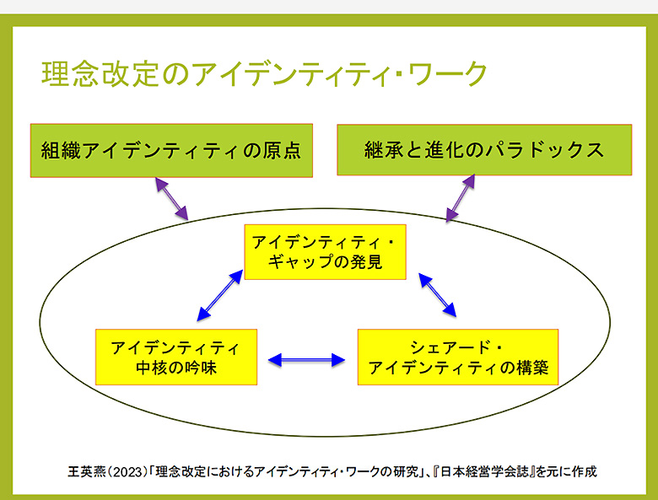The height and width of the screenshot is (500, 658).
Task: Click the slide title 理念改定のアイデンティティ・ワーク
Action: [264, 73]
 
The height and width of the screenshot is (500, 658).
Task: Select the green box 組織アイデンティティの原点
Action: [171, 151]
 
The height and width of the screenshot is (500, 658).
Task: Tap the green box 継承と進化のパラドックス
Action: [484, 150]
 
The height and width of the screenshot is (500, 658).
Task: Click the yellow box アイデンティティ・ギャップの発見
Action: [325, 252]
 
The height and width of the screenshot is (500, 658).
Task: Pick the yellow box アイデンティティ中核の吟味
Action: [175, 358]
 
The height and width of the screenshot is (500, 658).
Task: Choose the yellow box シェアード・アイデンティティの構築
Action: [458, 358]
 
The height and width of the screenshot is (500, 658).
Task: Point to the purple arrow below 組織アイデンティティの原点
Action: [171, 197]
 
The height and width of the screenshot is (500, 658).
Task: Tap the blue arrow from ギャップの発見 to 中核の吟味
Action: [218, 296]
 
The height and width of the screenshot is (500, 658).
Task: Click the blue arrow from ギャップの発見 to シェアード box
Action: [438, 294]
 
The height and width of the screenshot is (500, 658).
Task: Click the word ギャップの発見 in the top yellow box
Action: [325, 262]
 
